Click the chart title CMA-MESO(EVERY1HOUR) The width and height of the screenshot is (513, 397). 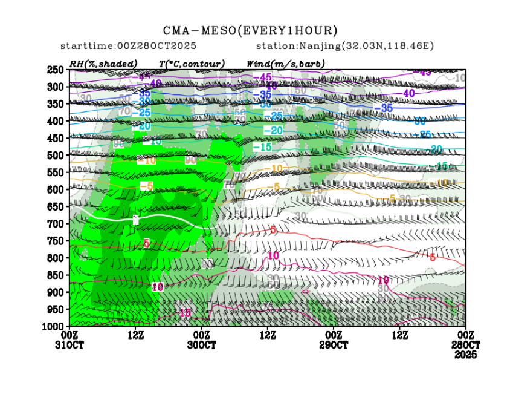tap(250, 31)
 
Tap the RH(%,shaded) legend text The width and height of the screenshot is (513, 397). tap(103, 64)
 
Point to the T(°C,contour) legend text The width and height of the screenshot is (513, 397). tap(192, 64)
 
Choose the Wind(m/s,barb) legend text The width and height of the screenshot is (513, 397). tap(286, 64)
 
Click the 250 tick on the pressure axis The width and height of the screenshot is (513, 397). tap(56, 70)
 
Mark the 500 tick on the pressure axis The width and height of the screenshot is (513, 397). tap(56, 156)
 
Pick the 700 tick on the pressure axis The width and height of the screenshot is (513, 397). tap(56, 224)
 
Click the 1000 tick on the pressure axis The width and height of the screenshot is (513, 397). tap(53, 327)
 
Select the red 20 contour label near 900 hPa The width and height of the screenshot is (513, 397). tap(158, 287)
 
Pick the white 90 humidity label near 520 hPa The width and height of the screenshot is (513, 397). tap(190, 160)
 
